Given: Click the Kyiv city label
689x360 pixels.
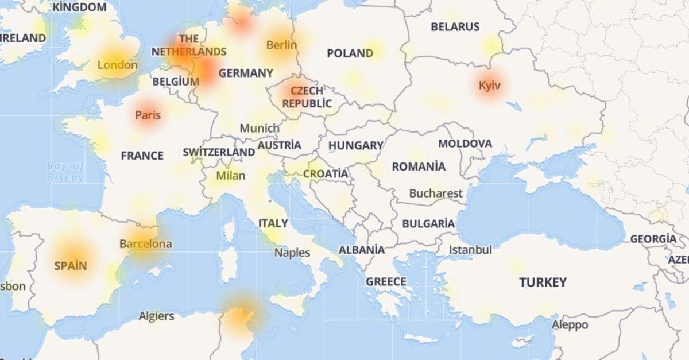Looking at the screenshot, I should pyautogui.click(x=490, y=86).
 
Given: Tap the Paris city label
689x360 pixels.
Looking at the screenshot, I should pyautogui.click(x=148, y=115).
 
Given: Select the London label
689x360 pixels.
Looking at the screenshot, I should pyautogui.click(x=117, y=65).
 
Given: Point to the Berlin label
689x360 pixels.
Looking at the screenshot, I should pyautogui.click(x=281, y=45).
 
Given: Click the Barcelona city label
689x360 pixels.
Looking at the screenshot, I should pyautogui.click(x=145, y=244).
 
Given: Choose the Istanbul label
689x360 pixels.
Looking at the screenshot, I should pyautogui.click(x=470, y=250).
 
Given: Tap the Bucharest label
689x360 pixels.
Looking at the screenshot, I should pyautogui.click(x=435, y=193).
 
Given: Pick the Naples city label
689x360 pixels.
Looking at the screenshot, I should pyautogui.click(x=292, y=253).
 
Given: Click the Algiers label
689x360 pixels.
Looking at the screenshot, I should pyautogui.click(x=156, y=316).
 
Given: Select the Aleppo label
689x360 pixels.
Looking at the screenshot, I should pyautogui.click(x=570, y=325).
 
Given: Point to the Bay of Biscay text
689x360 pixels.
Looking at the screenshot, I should pyautogui.click(x=65, y=171).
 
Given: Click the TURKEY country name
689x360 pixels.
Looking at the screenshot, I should pyautogui.click(x=543, y=282).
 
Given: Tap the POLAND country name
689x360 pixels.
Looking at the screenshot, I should pyautogui.click(x=350, y=53).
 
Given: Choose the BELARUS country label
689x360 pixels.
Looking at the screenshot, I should pyautogui.click(x=455, y=26).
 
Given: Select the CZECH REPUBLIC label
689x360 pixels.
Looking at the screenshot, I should pyautogui.click(x=307, y=97).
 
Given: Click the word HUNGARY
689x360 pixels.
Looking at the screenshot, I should pyautogui.click(x=355, y=146).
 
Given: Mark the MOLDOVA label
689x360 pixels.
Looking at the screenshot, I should pyautogui.click(x=465, y=144).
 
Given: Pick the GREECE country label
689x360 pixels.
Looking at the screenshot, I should pyautogui.click(x=386, y=282).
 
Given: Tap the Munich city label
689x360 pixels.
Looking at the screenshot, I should pyautogui.click(x=260, y=129).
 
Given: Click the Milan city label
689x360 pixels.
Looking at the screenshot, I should pyautogui.click(x=230, y=176).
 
